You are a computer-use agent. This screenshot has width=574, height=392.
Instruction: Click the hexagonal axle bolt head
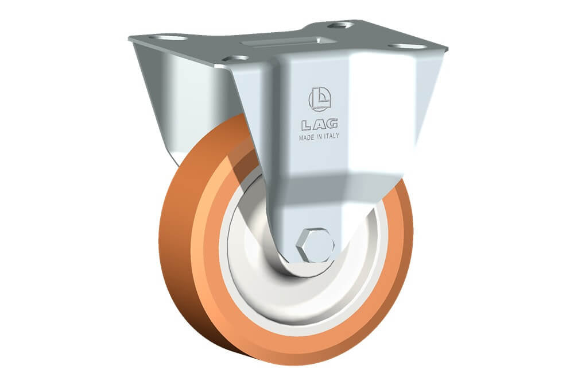pyautogui.click(x=315, y=245)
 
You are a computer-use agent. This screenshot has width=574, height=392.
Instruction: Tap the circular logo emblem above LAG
pyautogui.click(x=320, y=99)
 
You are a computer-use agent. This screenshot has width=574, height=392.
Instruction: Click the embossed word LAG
pyautogui.click(x=320, y=125)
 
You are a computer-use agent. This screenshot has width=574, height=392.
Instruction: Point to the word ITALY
pyautogui.click(x=331, y=136)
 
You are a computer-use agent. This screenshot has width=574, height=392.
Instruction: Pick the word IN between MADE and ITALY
pyautogui.click(x=319, y=137)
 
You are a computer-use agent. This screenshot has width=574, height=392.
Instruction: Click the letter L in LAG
pyautogui.click(x=307, y=125)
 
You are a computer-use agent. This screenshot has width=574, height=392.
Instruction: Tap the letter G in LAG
pyautogui.click(x=332, y=124)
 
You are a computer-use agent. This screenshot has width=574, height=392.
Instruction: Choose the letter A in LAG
pyautogui.click(x=319, y=125)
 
